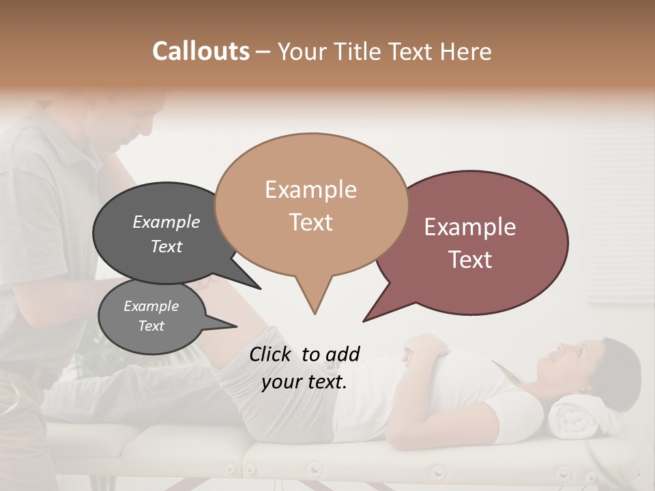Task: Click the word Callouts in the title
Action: pyautogui.click(x=201, y=51)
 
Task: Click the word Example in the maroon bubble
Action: pyautogui.click(x=470, y=227)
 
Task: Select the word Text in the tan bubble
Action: pyautogui.click(x=311, y=222)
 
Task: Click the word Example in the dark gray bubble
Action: pyautogui.click(x=166, y=222)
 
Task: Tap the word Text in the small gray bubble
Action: pyautogui.click(x=151, y=326)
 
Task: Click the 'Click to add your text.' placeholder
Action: pyautogui.click(x=304, y=368)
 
